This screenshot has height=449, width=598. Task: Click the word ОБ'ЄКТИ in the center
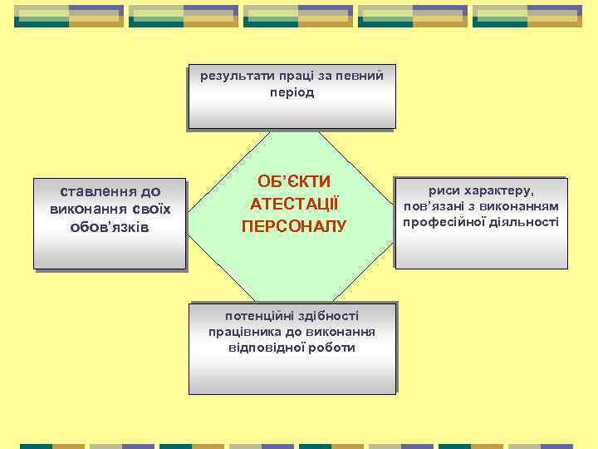tap(294, 181)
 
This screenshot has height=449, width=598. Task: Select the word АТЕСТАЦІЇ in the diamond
tap(294, 203)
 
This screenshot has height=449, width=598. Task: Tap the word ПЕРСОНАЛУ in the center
tap(294, 225)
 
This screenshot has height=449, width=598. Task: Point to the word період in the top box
tap(292, 92)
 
